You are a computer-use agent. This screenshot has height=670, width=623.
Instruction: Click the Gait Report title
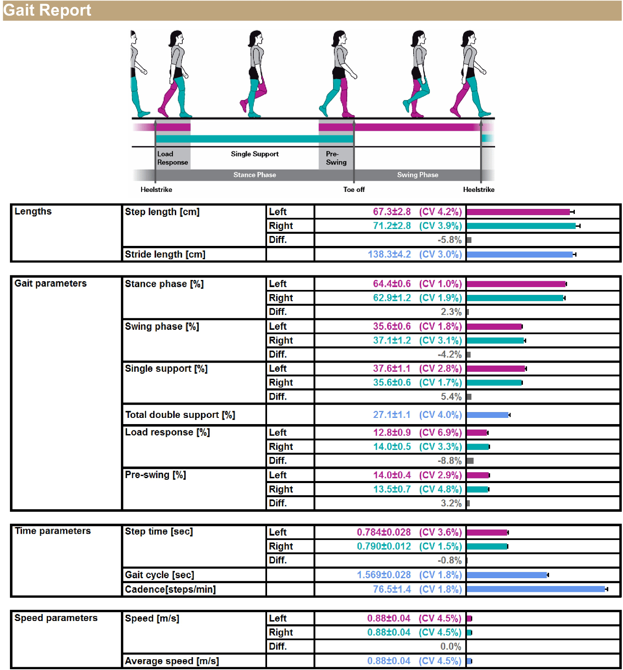click(47, 10)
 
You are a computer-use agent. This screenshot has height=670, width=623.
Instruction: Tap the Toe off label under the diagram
click(354, 189)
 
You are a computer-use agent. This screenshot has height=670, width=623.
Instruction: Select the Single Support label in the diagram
click(255, 154)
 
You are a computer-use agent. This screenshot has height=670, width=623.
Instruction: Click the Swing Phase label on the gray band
click(417, 175)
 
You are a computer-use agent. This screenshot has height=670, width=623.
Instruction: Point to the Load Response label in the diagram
click(172, 158)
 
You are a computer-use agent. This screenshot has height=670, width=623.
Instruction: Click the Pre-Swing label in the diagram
click(336, 158)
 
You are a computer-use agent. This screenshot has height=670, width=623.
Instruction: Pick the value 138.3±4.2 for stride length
click(389, 254)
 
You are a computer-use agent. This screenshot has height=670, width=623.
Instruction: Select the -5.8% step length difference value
click(449, 240)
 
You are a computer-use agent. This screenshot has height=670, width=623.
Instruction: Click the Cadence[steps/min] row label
click(170, 589)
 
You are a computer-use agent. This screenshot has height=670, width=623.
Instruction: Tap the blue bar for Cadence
click(536, 589)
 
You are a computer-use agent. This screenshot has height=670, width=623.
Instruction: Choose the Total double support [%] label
click(180, 415)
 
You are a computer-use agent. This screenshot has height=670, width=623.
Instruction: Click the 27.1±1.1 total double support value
click(391, 415)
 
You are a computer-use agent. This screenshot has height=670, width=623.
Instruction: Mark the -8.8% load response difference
click(449, 461)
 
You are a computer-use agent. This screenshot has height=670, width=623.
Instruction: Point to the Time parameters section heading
click(53, 531)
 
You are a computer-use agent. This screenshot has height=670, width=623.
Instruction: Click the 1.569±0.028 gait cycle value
click(384, 575)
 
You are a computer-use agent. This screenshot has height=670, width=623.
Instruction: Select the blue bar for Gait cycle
click(507, 575)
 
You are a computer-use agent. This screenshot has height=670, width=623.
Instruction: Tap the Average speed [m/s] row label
click(172, 661)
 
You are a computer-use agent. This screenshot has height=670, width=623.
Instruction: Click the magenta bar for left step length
click(518, 212)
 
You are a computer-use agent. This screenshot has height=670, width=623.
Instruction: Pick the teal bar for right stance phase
click(515, 298)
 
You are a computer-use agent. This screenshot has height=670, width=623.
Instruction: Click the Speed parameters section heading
click(56, 618)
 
